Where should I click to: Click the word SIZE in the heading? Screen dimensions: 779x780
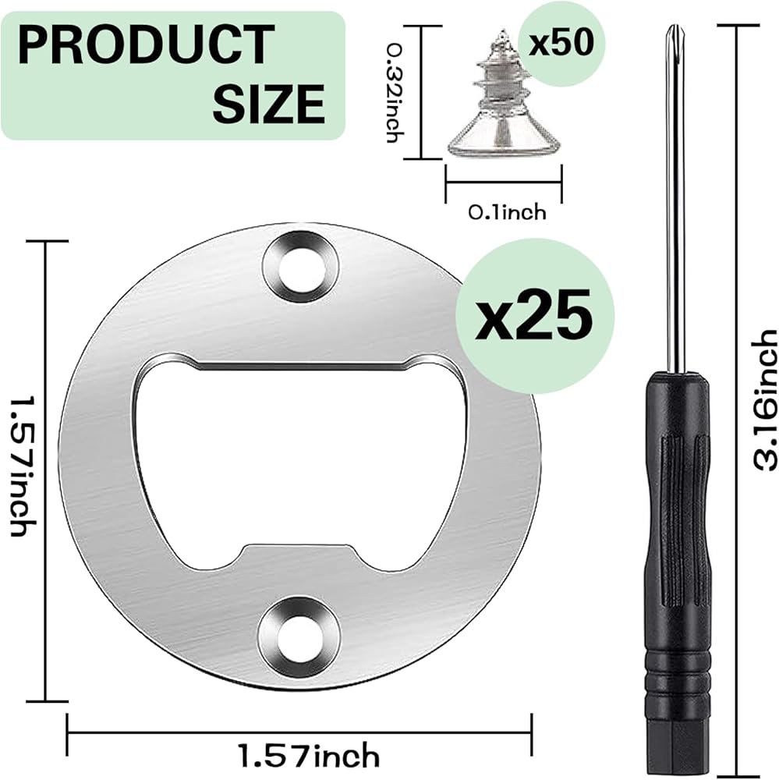click(x=269, y=104)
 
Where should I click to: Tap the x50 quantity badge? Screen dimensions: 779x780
click(x=561, y=43)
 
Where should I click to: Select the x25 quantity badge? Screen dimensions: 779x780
click(x=535, y=316)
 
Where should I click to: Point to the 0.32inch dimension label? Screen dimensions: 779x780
click(x=396, y=93)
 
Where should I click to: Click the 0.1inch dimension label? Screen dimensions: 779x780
click(x=507, y=213)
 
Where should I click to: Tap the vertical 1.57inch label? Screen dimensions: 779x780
click(x=22, y=467)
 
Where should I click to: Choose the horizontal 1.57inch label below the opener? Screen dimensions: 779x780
click(x=309, y=756)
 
